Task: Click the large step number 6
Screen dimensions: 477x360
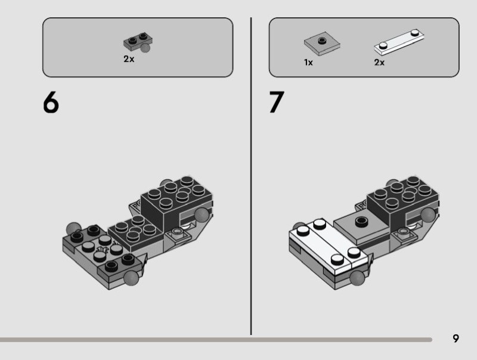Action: [x=51, y=103]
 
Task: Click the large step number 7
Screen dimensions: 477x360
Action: [x=276, y=102]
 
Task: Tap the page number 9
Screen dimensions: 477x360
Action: [x=456, y=339]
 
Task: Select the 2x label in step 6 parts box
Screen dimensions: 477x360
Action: [x=129, y=59]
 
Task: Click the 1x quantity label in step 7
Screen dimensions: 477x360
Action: [x=308, y=63]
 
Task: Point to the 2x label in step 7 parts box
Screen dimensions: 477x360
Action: [x=379, y=63]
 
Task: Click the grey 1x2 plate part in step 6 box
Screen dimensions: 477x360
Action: [x=138, y=43]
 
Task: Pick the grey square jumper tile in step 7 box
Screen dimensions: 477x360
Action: [x=322, y=44]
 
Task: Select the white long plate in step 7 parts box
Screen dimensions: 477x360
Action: [x=399, y=42]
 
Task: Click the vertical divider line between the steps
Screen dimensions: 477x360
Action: [x=251, y=176]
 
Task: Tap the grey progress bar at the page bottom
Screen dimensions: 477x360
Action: [x=216, y=340]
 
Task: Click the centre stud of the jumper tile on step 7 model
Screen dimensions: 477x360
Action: [x=361, y=221]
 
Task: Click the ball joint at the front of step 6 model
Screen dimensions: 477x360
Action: [x=131, y=278]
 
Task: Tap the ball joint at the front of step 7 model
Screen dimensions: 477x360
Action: [x=357, y=278]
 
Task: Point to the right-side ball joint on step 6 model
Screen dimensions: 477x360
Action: [x=202, y=215]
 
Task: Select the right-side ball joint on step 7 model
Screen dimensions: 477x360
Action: [x=428, y=215]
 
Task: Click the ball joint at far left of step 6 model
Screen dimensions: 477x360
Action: [x=73, y=228]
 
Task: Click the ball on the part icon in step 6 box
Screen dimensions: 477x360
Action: [x=145, y=48]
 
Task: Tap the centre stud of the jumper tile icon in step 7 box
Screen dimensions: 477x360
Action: [x=322, y=41]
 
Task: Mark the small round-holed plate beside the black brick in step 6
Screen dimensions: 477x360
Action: [x=178, y=233]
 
